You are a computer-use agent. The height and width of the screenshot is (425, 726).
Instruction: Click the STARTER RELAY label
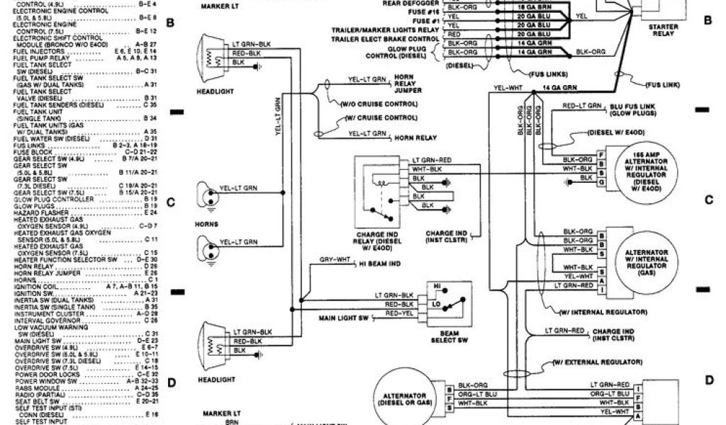coord(664,30)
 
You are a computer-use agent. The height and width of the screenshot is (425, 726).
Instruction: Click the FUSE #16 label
coord(424,12)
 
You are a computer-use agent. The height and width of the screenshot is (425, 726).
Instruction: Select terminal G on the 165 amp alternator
coord(601,183)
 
